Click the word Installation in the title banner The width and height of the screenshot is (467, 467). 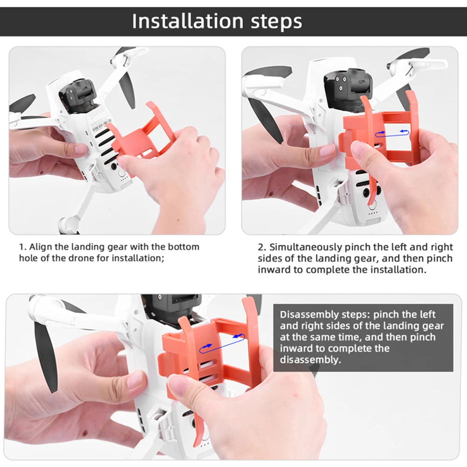pos(188,21)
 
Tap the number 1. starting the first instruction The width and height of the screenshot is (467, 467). pos(23,247)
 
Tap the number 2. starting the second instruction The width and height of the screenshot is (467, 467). pos(262,247)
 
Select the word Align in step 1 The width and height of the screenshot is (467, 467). pos(41,247)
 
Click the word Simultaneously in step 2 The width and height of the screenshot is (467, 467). pos(306,248)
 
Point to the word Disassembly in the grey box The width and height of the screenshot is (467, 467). pos(309,315)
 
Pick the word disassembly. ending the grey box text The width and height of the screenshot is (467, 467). pos(310,360)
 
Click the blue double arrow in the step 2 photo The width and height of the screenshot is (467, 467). pos(392,133)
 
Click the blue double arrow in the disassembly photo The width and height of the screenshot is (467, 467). pos(222,343)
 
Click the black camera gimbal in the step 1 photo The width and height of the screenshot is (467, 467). pos(78,95)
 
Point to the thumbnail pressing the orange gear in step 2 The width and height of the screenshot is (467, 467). pos(358,148)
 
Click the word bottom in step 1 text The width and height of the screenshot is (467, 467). pos(183,247)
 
